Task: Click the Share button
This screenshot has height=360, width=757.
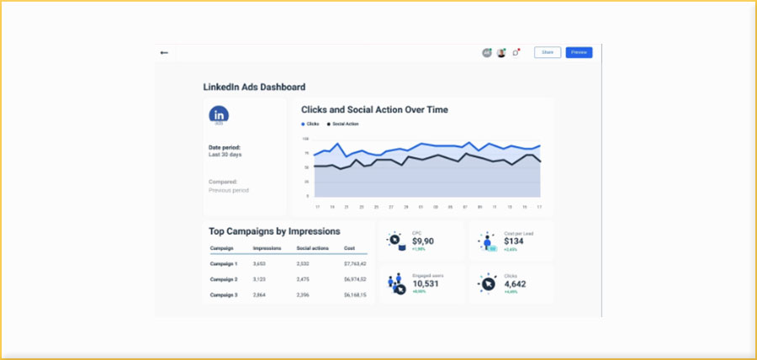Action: coord(547,52)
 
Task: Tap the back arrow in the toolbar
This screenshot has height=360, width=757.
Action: coord(164,52)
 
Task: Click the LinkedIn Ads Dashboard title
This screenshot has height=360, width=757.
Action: coord(254,87)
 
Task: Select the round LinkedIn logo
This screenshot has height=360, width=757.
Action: coord(219,114)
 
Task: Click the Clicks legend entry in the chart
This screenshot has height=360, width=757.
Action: coord(310,124)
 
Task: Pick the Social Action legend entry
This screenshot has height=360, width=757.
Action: coord(342,124)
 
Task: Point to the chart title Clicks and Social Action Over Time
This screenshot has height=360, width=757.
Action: coord(374,109)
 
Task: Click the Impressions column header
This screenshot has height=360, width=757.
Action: coord(267,248)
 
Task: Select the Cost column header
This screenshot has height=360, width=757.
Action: coord(349,248)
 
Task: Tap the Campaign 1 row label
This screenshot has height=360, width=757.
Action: coord(223,263)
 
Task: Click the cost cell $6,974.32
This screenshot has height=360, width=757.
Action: coord(355,279)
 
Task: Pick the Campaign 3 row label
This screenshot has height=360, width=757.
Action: coord(223,295)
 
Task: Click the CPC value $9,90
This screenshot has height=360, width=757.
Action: coord(424,241)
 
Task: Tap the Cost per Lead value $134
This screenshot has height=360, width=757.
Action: coord(514,241)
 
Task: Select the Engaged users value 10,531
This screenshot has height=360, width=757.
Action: coord(427,283)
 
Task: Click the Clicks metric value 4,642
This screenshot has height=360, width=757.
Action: coord(515,283)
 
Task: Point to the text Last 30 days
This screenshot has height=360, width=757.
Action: coord(225,155)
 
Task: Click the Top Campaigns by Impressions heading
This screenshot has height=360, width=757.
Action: coord(274,230)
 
